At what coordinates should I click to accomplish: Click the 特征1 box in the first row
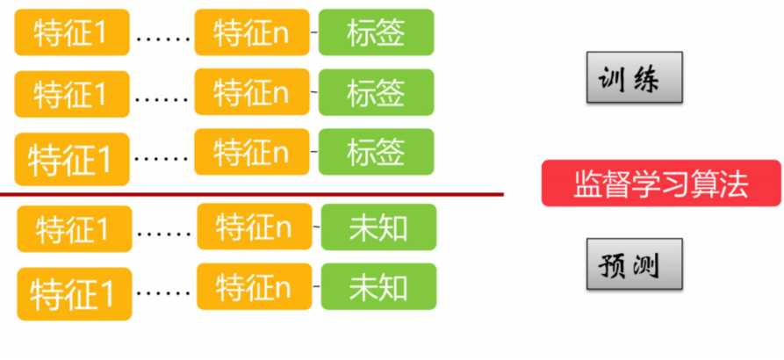point(71,33)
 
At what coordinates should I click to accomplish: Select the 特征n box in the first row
point(252,32)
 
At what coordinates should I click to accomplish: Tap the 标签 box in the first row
point(377,32)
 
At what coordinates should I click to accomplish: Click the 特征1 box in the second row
point(71,94)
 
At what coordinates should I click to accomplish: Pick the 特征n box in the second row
point(252,92)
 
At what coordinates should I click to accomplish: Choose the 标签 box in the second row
point(377,92)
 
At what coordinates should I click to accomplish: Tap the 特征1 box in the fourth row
point(74,229)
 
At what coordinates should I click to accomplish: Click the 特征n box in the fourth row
point(254,227)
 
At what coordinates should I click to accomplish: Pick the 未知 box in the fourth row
point(378,227)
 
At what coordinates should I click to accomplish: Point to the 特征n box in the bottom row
point(254,286)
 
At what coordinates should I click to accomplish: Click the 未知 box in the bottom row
point(378,286)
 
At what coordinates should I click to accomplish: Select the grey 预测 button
point(635,263)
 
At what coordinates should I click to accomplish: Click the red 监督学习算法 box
point(660,184)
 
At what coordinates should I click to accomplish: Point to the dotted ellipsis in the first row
point(162,39)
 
